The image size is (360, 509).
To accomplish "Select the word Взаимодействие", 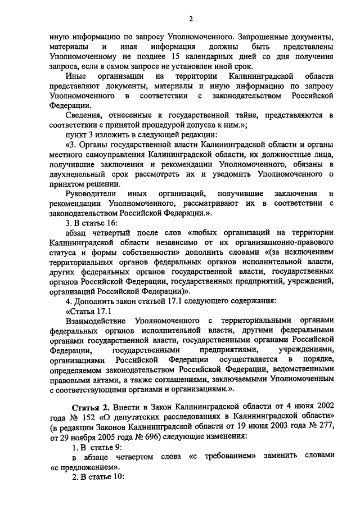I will click(95, 320).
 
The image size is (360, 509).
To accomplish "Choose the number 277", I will click(326, 427).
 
